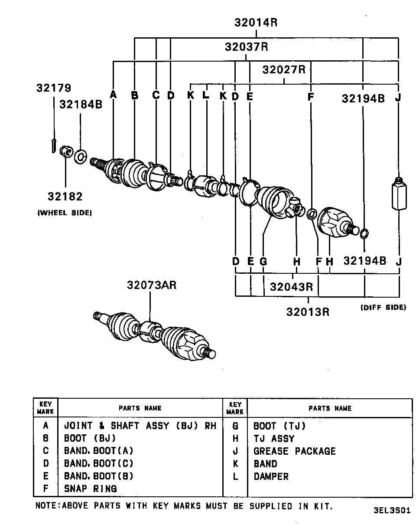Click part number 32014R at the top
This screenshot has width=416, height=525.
click(x=256, y=22)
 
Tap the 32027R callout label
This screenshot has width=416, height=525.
click(x=284, y=69)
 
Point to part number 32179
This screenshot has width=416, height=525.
click(x=53, y=88)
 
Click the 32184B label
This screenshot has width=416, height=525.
click(x=81, y=104)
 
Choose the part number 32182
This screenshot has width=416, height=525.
click(x=65, y=196)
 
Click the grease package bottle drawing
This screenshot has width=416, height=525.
click(x=398, y=193)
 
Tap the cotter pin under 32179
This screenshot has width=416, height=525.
click(x=52, y=145)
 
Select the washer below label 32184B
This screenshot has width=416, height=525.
click(x=81, y=156)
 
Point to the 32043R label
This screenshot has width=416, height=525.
click(x=292, y=287)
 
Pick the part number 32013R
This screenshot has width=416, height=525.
click(x=308, y=312)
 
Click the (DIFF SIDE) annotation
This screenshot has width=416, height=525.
click(x=383, y=307)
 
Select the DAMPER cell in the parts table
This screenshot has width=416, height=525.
click(x=271, y=476)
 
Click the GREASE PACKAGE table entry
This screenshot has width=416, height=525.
click(x=294, y=451)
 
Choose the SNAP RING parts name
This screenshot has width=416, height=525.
click(x=90, y=489)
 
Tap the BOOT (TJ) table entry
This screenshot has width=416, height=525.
click(x=279, y=426)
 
